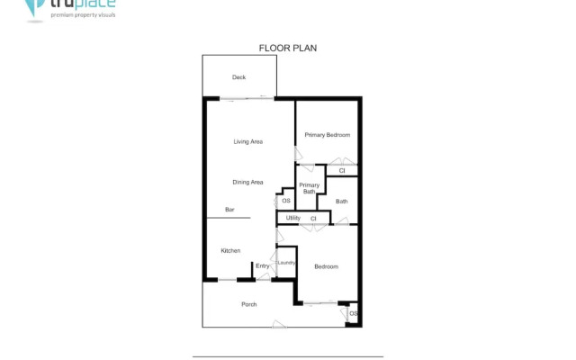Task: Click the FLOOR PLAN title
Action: (x=288, y=49)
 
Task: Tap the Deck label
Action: (x=238, y=77)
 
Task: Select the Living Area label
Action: (x=247, y=141)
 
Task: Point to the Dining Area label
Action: (x=247, y=183)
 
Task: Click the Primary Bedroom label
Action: (x=327, y=135)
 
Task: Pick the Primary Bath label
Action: (x=309, y=188)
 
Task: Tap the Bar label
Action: (x=229, y=210)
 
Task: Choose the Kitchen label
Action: (x=230, y=250)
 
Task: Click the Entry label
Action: (x=262, y=265)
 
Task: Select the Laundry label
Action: (x=286, y=263)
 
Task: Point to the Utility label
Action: (x=292, y=218)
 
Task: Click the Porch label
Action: (x=249, y=304)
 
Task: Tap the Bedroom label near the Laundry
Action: (x=326, y=266)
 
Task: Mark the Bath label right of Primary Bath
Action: (x=341, y=202)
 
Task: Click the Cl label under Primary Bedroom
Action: (x=342, y=170)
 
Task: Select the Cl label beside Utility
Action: (x=313, y=219)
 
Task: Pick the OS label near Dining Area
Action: (x=286, y=201)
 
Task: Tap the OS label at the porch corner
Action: (x=353, y=312)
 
